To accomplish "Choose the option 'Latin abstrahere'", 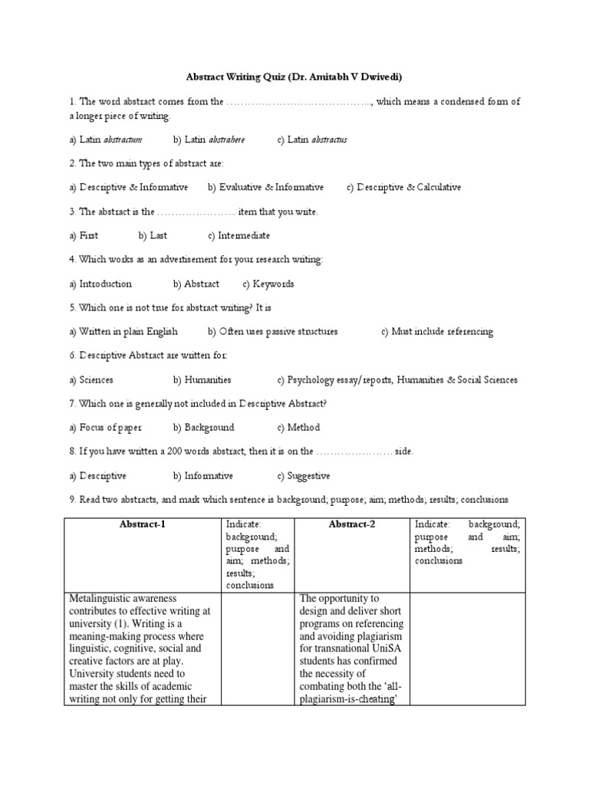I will tap(209, 140).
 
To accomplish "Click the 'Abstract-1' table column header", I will tap(142, 524).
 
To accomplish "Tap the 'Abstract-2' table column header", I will tap(352, 524).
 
